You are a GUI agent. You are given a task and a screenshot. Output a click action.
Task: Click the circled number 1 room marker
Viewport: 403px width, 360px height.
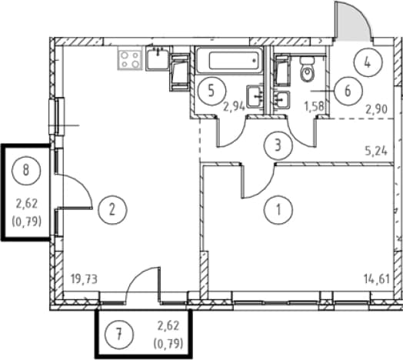[278, 209]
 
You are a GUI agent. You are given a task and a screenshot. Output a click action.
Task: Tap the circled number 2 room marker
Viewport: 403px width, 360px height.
[112, 210]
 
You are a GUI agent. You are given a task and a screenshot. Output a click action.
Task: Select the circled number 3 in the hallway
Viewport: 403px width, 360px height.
[278, 145]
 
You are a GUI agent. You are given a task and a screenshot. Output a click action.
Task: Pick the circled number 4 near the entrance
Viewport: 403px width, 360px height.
[368, 62]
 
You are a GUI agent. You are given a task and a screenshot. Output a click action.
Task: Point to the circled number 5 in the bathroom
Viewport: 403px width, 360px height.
[211, 91]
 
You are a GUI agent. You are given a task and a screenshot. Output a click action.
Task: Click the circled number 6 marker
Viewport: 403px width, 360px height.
[348, 91]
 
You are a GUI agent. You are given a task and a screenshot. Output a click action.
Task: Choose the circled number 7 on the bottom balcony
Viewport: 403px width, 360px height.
[119, 335]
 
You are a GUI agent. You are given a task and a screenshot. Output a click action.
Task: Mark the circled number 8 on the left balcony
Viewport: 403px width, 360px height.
[26, 170]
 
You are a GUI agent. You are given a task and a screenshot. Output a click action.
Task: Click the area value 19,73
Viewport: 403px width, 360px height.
[85, 279]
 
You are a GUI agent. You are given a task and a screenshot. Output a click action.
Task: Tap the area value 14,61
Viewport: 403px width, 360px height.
[377, 278]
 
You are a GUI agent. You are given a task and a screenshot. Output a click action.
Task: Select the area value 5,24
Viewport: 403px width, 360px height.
[376, 152]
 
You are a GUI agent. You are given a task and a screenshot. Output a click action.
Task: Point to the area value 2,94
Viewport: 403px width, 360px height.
[234, 106]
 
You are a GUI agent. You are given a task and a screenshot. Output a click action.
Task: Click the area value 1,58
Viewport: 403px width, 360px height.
[314, 106]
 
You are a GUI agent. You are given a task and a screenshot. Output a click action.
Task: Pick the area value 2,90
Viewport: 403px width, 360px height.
[377, 110]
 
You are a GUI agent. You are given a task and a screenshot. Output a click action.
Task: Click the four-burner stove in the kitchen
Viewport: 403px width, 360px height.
[131, 60]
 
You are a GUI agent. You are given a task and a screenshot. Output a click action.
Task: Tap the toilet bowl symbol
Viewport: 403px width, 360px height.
[307, 68]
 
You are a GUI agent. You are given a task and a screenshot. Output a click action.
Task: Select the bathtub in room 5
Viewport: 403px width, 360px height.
[229, 60]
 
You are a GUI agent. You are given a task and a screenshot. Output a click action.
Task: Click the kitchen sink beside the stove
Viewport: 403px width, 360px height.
[157, 58]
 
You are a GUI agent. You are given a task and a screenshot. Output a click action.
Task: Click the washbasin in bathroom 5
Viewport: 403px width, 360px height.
[254, 96]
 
